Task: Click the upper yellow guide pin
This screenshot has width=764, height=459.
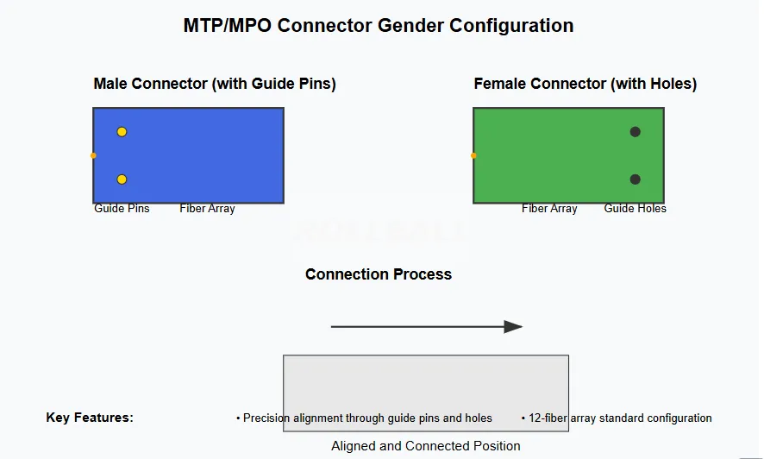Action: pyautogui.click(x=122, y=132)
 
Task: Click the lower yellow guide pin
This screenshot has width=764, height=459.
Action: pyautogui.click(x=122, y=179)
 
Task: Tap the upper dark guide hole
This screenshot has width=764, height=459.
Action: pyautogui.click(x=635, y=132)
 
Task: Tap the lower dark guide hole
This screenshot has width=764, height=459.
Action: pyautogui.click(x=635, y=179)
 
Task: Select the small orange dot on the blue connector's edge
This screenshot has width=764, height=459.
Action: pyautogui.click(x=93, y=156)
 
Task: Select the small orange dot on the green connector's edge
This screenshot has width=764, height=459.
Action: pyautogui.click(x=473, y=156)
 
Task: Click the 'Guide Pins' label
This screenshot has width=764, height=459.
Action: pyautogui.click(x=122, y=209)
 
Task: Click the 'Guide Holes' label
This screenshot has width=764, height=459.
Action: pyautogui.click(x=635, y=209)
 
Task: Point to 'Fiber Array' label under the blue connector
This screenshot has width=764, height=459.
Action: pyautogui.click(x=207, y=209)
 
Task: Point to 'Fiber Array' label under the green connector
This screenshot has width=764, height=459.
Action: pyautogui.click(x=549, y=209)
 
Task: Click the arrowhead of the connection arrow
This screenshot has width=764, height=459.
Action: pyautogui.click(x=514, y=327)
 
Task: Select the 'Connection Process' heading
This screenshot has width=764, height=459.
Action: pyautogui.click(x=378, y=274)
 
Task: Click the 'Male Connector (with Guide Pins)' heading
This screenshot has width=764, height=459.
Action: pyautogui.click(x=214, y=84)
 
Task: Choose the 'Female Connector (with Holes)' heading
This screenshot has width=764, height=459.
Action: pyautogui.click(x=585, y=84)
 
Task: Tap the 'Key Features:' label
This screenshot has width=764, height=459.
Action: pyautogui.click(x=90, y=418)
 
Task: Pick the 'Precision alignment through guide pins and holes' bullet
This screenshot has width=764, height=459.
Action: pyautogui.click(x=366, y=418)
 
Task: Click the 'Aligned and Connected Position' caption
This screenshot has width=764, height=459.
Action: pyautogui.click(x=425, y=446)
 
